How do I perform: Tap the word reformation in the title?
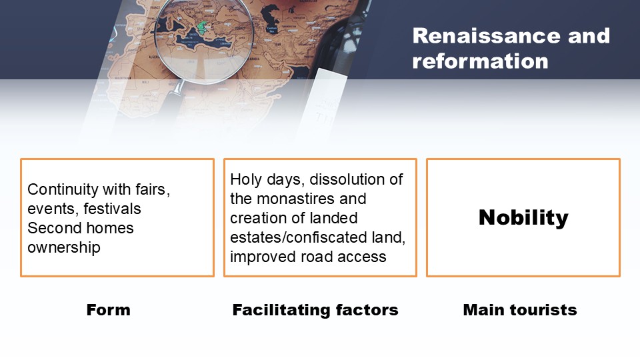coord(480,61)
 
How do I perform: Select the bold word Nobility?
coord(523,217)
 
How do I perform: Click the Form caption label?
coord(108,310)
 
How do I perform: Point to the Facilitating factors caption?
coord(315,310)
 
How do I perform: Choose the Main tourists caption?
coord(519,310)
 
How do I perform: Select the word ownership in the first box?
coord(64,248)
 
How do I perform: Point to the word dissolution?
coord(345,179)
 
